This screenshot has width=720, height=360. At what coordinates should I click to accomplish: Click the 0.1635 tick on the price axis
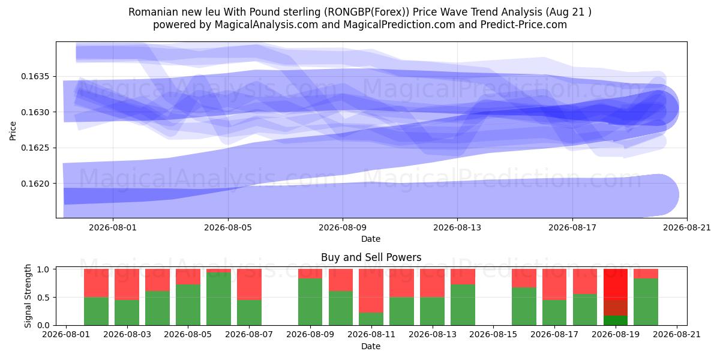tap(35, 77)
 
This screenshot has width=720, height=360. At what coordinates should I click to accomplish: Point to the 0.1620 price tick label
tap(35, 184)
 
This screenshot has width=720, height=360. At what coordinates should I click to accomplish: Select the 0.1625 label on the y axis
tap(35, 148)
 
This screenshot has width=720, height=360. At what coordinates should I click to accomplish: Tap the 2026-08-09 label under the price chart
tap(343, 227)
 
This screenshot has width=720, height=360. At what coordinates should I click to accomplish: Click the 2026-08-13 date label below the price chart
tap(457, 227)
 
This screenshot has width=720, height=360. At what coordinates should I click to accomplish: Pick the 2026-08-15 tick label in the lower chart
tap(493, 334)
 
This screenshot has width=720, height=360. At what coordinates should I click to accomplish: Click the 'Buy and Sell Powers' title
tap(371, 257)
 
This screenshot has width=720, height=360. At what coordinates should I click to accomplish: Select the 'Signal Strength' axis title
tap(28, 296)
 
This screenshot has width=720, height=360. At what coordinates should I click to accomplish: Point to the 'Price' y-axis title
tap(13, 131)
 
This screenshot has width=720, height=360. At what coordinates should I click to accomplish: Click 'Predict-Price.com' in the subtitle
tap(524, 25)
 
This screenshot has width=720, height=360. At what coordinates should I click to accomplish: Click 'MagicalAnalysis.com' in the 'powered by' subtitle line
tap(266, 25)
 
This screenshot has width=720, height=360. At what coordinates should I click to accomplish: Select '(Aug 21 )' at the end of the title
tap(568, 12)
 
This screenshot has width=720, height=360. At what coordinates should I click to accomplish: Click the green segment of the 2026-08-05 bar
tap(188, 305)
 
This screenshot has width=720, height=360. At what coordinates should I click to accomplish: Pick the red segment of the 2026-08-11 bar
tap(371, 291)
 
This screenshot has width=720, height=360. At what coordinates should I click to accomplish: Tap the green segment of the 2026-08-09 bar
tap(310, 302)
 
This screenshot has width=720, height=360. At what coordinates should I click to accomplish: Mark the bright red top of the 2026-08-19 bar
tap(616, 285)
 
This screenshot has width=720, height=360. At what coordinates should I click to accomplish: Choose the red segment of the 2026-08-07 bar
tap(250, 284)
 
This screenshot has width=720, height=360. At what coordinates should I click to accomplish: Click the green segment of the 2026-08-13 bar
tap(463, 305)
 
